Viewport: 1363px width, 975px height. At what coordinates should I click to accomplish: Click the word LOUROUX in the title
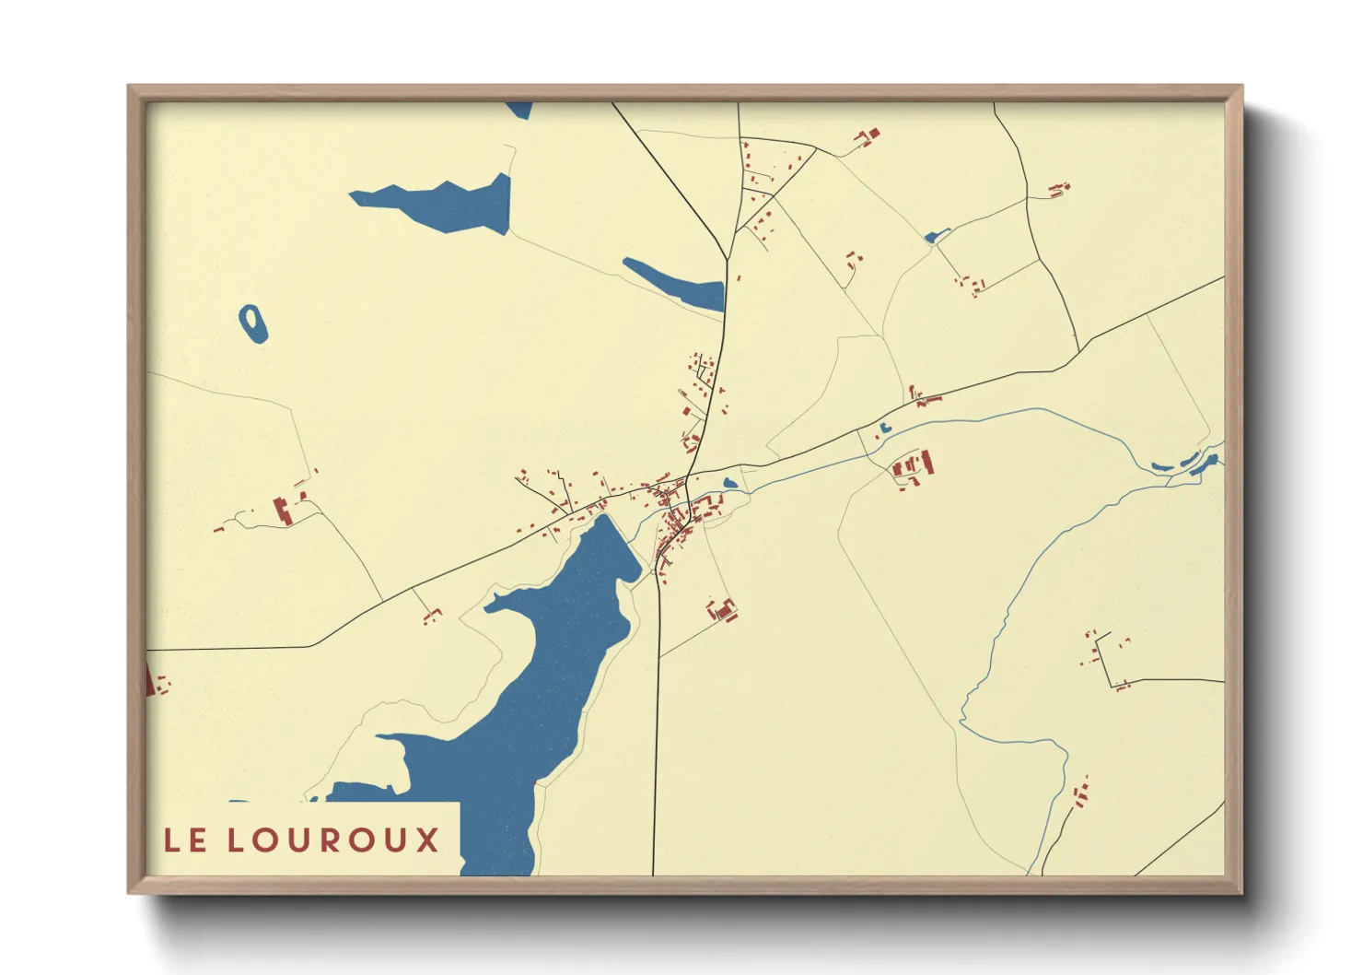click(333, 840)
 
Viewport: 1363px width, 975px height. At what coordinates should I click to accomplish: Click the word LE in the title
click(185, 840)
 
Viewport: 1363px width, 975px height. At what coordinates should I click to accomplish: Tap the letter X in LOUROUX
click(426, 840)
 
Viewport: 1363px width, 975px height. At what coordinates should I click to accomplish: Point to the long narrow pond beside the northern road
click(675, 284)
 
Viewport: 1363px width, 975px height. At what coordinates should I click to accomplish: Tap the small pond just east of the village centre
click(730, 483)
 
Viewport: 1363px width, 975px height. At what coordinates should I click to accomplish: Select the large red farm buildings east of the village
click(913, 466)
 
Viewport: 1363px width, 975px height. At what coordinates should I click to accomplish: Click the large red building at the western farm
click(283, 510)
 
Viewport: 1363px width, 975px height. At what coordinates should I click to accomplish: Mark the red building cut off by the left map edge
click(149, 681)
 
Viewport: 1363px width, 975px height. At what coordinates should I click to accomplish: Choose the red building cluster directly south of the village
click(723, 609)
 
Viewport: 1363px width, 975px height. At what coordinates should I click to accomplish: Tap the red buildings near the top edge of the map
click(868, 137)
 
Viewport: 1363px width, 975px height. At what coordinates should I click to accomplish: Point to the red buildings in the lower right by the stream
click(1080, 792)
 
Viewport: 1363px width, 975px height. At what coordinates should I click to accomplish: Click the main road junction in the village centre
click(686, 479)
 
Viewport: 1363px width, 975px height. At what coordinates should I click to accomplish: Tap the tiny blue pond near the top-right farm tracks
click(936, 237)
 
